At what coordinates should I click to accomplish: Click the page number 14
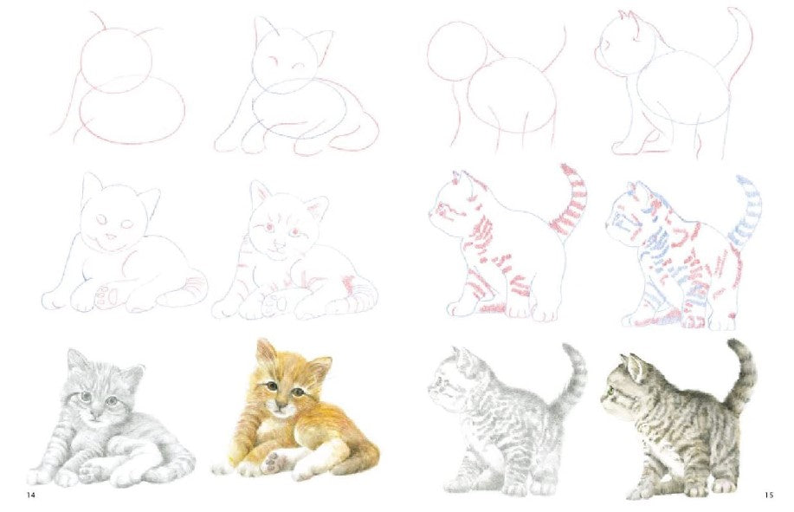pos(31,495)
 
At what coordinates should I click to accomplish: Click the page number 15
pos(769,495)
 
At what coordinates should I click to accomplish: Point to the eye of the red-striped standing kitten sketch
pos(444,206)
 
